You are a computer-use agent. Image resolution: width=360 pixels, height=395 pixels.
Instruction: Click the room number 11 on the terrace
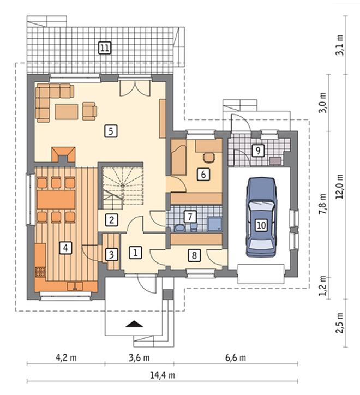tap(105, 47)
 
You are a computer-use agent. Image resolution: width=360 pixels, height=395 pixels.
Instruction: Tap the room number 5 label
tap(111, 131)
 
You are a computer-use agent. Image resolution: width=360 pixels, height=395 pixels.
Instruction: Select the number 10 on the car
tap(261, 225)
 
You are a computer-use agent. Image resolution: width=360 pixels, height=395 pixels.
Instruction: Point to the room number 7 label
tap(190, 217)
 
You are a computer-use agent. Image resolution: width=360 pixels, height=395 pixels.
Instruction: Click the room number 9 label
tap(258, 151)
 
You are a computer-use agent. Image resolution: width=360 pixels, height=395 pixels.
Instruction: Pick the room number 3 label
tap(111, 255)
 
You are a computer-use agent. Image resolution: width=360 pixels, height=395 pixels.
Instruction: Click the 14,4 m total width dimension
tap(163, 375)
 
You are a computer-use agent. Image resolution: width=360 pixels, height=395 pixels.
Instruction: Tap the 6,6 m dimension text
tap(236, 358)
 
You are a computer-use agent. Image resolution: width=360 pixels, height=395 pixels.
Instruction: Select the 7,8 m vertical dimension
tap(322, 204)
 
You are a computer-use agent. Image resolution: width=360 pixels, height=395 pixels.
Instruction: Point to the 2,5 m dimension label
tap(340, 322)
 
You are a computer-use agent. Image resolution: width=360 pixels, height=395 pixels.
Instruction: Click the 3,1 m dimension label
tap(340, 45)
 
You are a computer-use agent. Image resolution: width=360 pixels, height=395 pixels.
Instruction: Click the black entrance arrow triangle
tap(134, 324)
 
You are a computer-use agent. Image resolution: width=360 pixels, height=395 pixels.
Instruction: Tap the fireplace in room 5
tap(63, 155)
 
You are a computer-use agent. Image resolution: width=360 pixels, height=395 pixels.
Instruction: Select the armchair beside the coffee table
tap(89, 111)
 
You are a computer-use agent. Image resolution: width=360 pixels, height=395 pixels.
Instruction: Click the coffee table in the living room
tap(66, 112)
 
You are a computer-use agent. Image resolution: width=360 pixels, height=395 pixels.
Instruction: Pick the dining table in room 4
tap(56, 200)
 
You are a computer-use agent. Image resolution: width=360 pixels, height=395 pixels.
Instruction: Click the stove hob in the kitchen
tap(40, 272)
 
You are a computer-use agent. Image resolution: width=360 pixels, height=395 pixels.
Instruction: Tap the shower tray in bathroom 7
tap(215, 224)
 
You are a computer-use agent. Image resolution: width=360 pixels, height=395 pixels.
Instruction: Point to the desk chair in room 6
tap(209, 158)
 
